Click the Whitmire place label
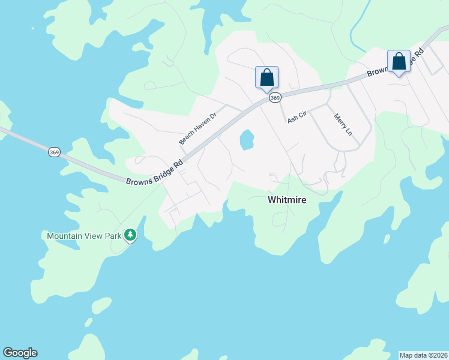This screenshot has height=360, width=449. click(x=286, y=200)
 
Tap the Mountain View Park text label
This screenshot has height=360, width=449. click(x=85, y=236)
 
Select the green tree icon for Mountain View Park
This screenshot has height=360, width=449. click(x=130, y=235)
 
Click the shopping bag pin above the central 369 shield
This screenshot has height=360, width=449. click(x=267, y=78)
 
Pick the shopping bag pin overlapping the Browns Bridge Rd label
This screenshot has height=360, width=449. click(x=399, y=62)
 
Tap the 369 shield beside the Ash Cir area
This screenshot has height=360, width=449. click(x=275, y=98)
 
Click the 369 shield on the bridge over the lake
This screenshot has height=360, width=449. click(x=54, y=152)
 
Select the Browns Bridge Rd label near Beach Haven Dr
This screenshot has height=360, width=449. click(x=154, y=173)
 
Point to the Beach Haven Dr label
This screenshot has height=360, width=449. click(x=197, y=129)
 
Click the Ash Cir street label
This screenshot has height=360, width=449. click(x=297, y=116)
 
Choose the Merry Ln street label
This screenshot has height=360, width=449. click(x=342, y=124)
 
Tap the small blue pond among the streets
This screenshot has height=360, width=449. click(x=246, y=140)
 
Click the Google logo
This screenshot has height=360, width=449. click(x=20, y=353)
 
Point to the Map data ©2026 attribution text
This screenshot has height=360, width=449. click(x=423, y=355)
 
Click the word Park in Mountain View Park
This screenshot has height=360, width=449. click(x=112, y=236)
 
